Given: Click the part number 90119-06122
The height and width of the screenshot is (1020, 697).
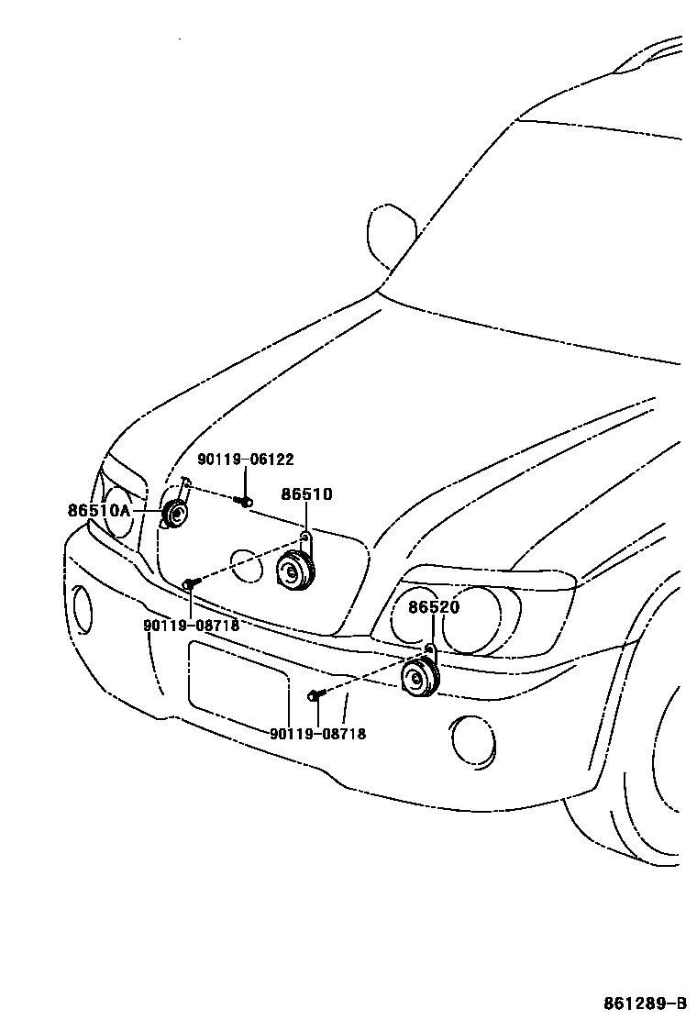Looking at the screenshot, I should pos(246,460).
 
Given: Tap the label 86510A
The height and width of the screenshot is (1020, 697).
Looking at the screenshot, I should pos(98,510).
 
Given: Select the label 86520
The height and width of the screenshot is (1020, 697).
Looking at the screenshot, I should pos(434,607).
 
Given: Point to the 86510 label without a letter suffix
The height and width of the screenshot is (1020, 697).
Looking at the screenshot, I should pos(306,494).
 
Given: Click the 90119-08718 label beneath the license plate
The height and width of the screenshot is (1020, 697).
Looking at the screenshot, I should pos(317,734).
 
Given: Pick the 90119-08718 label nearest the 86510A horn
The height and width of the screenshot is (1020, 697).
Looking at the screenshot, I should pos(191,625).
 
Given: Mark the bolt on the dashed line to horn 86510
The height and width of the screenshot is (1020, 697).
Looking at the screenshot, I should pos(189,583).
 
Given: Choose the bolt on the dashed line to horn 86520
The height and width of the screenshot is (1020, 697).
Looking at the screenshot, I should pos(315,694).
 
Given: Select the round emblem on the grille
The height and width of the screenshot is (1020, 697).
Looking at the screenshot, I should pos(246,565).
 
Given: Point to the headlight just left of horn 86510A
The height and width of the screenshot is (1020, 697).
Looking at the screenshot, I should pos(118,513).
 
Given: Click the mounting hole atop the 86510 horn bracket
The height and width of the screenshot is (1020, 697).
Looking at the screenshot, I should pos(304,535).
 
